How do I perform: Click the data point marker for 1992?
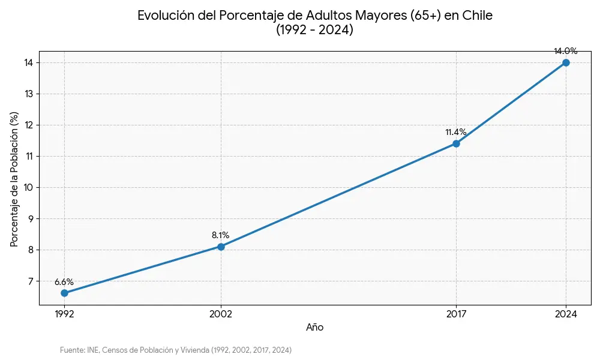coord(64,293)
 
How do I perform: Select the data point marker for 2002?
coord(221,247)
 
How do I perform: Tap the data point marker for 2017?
coord(456,143)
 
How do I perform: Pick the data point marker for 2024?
coord(566,62)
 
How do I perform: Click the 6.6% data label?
coord(64,282)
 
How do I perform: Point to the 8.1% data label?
coord(221,235)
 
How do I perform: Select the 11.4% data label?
coord(456,132)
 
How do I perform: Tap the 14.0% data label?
coord(566,52)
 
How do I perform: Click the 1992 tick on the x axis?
coord(64,314)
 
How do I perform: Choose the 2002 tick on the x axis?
coord(221,314)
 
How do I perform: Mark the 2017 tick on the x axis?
coord(456,314)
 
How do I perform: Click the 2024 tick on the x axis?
coord(566,314)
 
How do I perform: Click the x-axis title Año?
coord(315,328)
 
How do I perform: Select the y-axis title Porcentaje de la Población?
coord(14,179)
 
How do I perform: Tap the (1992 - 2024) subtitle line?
coord(315,30)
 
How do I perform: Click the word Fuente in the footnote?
coord(71,350)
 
